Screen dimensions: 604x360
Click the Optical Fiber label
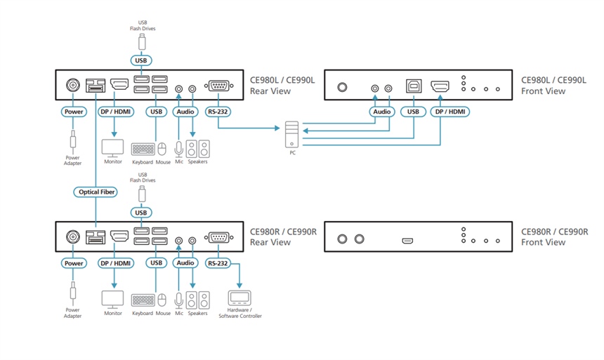click(96, 192)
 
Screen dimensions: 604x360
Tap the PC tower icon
click(291, 134)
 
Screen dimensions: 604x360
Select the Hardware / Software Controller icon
click(239, 298)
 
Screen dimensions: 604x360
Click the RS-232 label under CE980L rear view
click(218, 112)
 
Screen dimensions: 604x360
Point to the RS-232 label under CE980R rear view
click(218, 263)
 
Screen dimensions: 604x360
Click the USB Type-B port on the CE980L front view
click(414, 86)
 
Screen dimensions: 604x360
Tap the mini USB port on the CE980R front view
click(407, 241)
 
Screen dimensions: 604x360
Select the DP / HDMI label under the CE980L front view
click(450, 112)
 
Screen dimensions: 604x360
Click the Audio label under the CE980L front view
click(382, 112)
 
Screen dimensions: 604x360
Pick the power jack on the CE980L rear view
click(73, 85)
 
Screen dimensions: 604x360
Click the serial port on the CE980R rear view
click(218, 238)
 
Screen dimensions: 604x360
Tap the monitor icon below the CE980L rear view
click(112, 148)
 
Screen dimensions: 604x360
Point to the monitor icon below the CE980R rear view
click(112, 300)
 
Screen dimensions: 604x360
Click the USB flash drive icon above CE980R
click(142, 194)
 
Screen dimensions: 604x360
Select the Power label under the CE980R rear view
click(74, 263)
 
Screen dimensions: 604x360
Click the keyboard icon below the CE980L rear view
click(143, 149)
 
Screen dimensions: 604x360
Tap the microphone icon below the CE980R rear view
click(178, 301)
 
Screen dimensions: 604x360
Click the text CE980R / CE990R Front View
click(554, 236)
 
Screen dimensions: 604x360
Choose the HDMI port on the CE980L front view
click(440, 86)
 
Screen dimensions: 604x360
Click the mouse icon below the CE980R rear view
click(162, 300)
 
